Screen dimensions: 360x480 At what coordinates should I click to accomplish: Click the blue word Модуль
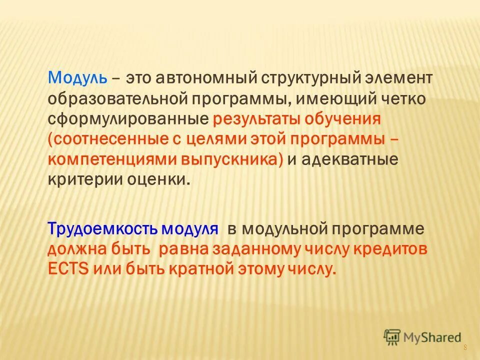coord(77,78)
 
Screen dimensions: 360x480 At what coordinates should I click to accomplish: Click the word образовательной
coord(116,98)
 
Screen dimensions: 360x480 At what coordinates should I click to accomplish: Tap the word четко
coord(402,98)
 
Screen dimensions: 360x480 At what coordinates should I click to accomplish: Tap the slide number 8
coord(466,348)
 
